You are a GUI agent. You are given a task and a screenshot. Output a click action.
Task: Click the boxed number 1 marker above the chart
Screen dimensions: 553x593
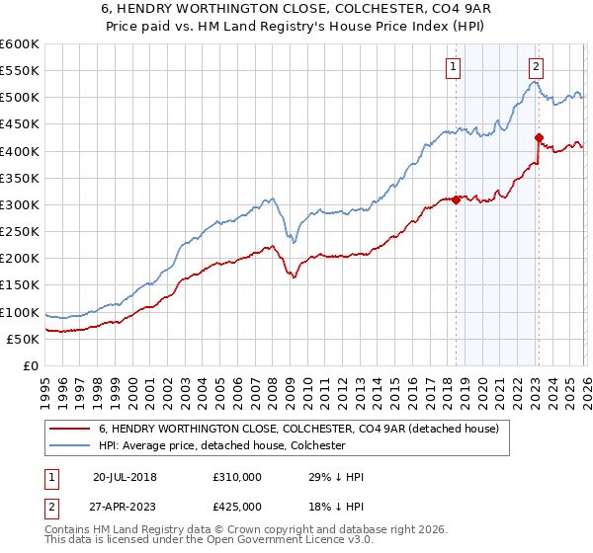click(453, 67)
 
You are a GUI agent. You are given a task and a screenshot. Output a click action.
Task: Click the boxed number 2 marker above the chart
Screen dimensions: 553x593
click(535, 67)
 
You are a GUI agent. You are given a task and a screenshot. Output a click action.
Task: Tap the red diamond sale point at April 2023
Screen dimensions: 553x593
click(539, 137)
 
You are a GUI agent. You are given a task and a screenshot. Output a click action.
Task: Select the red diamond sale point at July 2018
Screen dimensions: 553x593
click(456, 199)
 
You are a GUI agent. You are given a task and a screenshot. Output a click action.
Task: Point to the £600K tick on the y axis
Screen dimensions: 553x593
click(19, 44)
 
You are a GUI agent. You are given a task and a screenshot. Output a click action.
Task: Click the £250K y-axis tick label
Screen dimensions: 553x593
click(19, 231)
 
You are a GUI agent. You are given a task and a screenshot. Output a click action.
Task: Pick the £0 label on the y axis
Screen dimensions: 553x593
click(30, 365)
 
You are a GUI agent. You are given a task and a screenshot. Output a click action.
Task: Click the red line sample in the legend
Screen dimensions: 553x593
click(70, 429)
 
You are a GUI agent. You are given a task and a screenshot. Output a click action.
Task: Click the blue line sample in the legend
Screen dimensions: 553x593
click(70, 446)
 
